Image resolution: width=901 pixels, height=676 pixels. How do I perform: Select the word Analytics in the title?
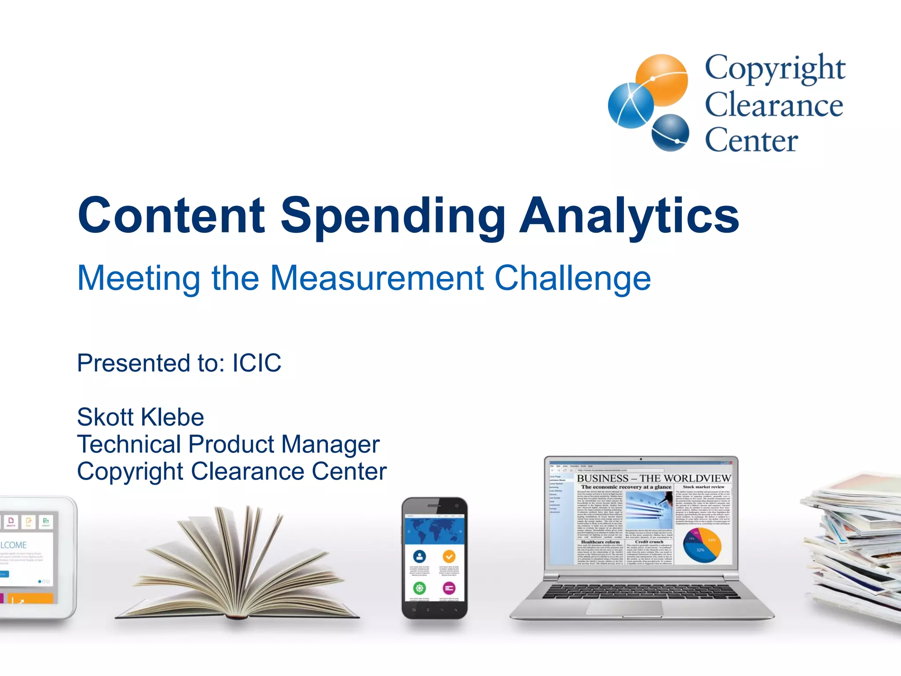tap(629, 216)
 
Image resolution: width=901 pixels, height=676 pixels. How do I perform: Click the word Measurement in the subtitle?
tap(377, 278)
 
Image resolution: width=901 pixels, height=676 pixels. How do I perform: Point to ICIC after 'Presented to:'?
tap(256, 363)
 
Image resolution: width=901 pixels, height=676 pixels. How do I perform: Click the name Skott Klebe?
tap(140, 417)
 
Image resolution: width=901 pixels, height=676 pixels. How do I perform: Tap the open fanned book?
tap(238, 568)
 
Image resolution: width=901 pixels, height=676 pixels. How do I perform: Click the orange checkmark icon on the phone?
tap(449, 556)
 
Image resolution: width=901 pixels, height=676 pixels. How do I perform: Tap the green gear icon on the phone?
tap(419, 588)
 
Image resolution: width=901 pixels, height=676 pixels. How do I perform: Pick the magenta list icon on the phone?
tap(449, 588)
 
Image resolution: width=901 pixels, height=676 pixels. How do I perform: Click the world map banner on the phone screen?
tap(434, 531)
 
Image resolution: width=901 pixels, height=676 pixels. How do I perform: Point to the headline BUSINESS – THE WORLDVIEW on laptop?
tap(653, 478)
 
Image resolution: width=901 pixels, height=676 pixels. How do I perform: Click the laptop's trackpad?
tap(625, 608)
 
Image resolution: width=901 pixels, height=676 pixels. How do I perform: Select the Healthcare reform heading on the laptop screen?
tap(600, 542)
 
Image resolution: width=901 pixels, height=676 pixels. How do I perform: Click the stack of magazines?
tap(853, 550)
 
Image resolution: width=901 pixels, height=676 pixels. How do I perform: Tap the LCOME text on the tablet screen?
tap(13, 545)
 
